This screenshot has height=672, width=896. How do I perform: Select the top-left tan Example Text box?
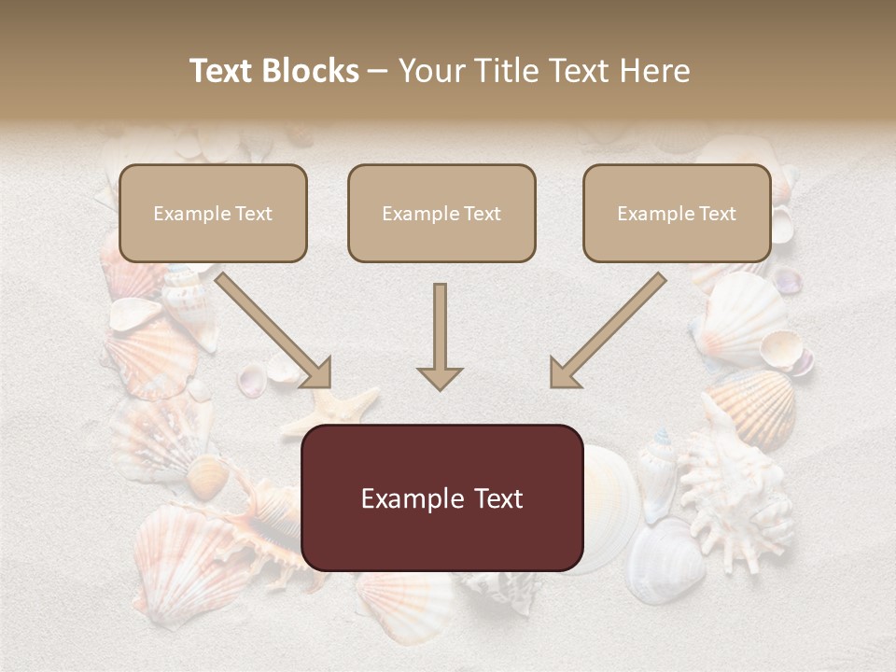[x=213, y=213]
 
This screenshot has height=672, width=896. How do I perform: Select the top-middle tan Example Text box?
[x=441, y=213]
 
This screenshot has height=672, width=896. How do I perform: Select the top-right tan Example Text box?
[x=677, y=213]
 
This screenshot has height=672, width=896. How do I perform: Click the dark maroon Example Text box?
[x=441, y=497]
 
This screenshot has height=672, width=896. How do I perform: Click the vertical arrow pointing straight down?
[x=440, y=336]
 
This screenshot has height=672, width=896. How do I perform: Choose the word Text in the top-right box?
[x=717, y=214]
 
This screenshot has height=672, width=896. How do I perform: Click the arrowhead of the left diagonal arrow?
[x=316, y=373]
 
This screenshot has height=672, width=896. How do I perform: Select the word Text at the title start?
[x=221, y=71]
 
